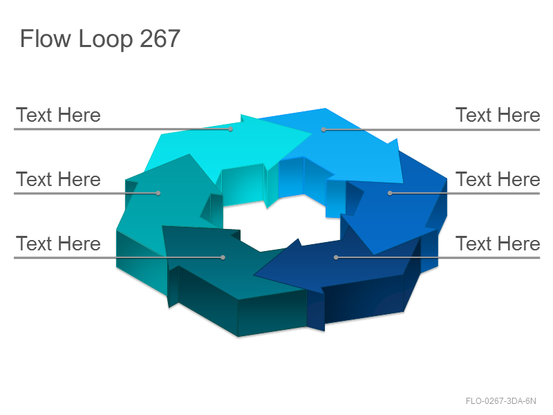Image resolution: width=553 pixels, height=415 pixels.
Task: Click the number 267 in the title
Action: pyautogui.click(x=160, y=39)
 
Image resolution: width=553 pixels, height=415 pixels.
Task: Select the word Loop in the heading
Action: pyautogui.click(x=106, y=39)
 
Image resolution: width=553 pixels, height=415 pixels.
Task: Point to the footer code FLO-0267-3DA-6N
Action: pyautogui.click(x=500, y=401)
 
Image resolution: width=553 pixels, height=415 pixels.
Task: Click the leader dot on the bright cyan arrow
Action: pyautogui.click(x=231, y=129)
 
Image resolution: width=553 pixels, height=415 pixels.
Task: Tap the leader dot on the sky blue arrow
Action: pyautogui.click(x=324, y=130)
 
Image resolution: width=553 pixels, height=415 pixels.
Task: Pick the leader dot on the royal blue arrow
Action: pyautogui.click(x=390, y=193)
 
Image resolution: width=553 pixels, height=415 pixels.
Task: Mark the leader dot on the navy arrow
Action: pyautogui.click(x=336, y=257)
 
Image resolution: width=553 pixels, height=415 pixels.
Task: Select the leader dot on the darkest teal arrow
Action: pyautogui.click(x=223, y=257)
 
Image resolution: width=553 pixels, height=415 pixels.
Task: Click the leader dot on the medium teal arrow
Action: pyautogui.click(x=158, y=193)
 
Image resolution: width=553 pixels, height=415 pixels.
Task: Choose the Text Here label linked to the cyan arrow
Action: pyautogui.click(x=58, y=115)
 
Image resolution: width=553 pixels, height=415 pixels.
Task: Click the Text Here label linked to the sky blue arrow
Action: pyautogui.click(x=498, y=115)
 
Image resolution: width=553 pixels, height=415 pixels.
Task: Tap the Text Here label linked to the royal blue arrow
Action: pyautogui.click(x=498, y=179)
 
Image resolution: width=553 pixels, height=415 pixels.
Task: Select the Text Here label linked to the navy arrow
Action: pyautogui.click(x=498, y=243)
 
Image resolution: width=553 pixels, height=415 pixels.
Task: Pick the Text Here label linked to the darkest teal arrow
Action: pyautogui.click(x=58, y=243)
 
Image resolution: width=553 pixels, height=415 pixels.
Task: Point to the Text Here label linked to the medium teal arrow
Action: pyautogui.click(x=58, y=179)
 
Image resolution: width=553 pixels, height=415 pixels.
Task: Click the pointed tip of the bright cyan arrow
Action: pyautogui.click(x=312, y=133)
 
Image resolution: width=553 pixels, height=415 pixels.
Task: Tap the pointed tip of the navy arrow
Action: pyautogui.click(x=254, y=274)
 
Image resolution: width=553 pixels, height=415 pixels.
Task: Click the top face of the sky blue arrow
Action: pyautogui.click(x=346, y=151)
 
